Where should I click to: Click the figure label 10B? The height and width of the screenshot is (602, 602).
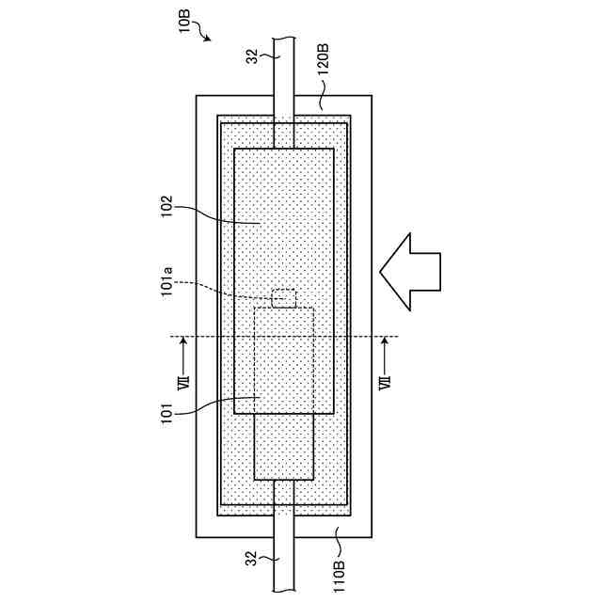coord(185,21)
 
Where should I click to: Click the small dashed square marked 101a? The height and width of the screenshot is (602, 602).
coord(283,299)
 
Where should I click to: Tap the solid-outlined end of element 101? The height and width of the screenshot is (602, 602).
coord(283,447)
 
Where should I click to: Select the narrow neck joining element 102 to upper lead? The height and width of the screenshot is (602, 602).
coord(283,133)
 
